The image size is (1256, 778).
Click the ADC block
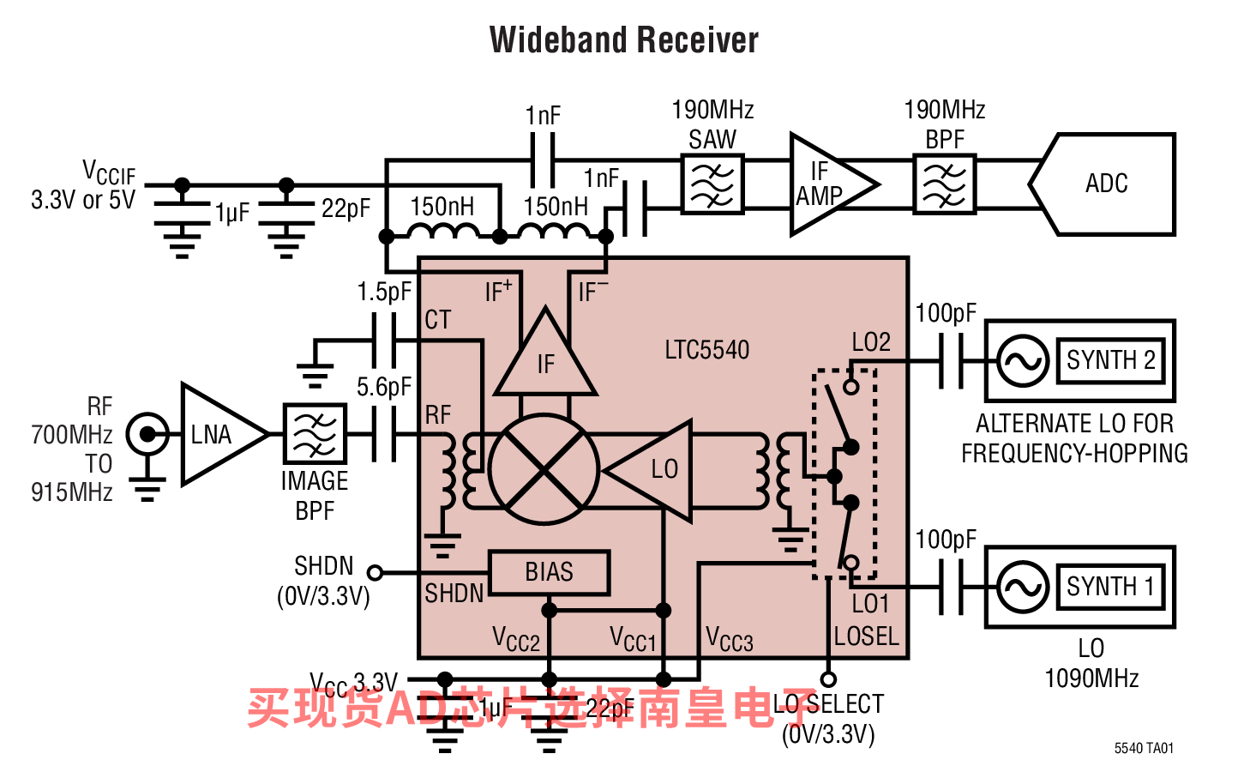tap(1105, 184)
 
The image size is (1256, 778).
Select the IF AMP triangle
tap(825, 184)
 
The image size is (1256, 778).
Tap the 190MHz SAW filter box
tap(712, 184)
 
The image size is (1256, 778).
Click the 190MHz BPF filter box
tap(945, 184)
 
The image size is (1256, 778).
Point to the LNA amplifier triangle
tap(216, 435)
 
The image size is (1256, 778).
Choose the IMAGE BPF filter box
tap(315, 435)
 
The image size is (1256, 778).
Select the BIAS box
tap(549, 572)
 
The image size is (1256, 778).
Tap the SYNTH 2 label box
tap(1110, 360)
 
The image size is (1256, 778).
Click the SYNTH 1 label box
tap(1110, 587)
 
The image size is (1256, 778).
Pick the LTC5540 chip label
tap(706, 350)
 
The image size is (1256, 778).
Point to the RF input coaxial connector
tap(147, 435)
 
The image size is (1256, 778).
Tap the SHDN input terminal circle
tap(375, 572)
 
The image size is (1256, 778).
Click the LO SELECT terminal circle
tap(828, 679)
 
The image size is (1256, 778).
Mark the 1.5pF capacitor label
tap(384, 292)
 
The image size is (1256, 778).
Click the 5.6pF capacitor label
tap(384, 387)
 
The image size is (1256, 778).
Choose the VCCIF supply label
tap(108, 172)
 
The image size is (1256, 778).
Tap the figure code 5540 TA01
tap(1144, 748)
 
